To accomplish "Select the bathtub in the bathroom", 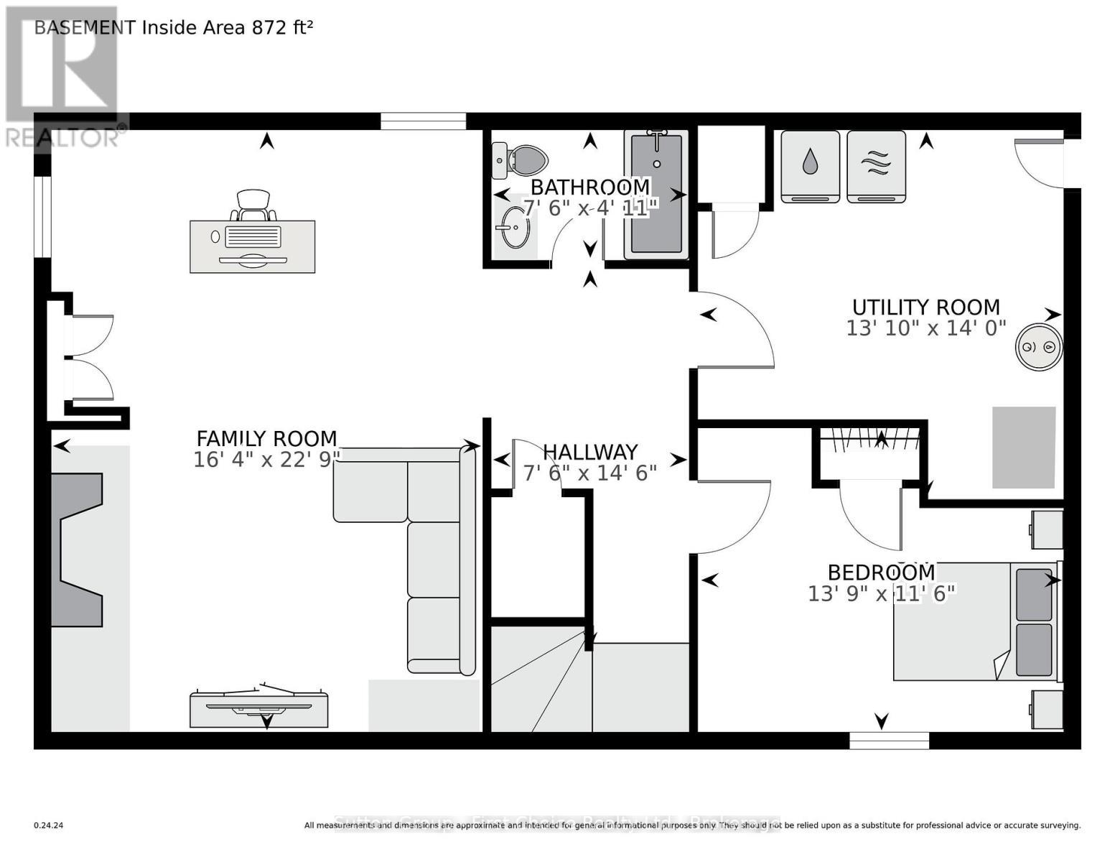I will click(x=656, y=194).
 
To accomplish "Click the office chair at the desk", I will click(x=253, y=205).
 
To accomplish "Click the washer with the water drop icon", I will click(x=810, y=166).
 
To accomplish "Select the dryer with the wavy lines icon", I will click(x=876, y=166).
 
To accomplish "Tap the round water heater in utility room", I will click(x=1038, y=348).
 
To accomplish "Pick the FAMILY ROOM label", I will click(x=266, y=438).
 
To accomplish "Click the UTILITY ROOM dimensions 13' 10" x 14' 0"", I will click(x=925, y=328).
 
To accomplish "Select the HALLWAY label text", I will click(x=589, y=452).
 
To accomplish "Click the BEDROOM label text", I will click(x=881, y=573).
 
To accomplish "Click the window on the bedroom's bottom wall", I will click(x=889, y=740).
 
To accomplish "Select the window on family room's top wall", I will click(x=423, y=121).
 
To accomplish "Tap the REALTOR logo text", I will click(x=63, y=136).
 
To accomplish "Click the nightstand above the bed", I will click(x=1047, y=529).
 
